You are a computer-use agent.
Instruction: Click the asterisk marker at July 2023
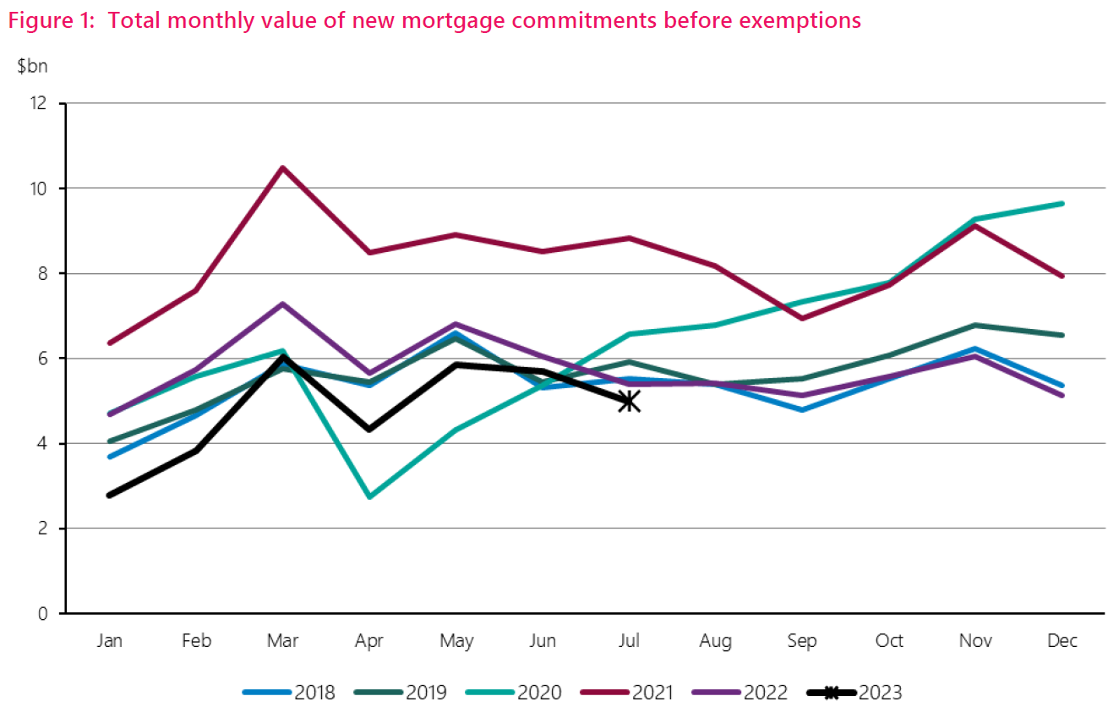629,401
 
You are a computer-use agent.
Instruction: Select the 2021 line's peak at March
283,167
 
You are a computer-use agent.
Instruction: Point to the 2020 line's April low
369,496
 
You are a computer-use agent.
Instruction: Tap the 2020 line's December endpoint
1062,203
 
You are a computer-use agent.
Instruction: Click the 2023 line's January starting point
110,495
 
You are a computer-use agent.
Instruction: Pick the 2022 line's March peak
283,304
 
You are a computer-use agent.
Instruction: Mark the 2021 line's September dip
802,318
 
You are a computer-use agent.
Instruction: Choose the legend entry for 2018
289,693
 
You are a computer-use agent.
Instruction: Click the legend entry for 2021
626,693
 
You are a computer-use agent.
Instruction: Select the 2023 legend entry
853,693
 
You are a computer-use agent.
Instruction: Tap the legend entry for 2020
514,693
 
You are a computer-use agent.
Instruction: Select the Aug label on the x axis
715,642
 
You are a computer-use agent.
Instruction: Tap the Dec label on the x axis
1062,642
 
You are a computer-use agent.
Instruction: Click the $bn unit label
32,67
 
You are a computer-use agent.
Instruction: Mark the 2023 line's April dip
369,429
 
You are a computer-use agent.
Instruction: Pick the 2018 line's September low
802,409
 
